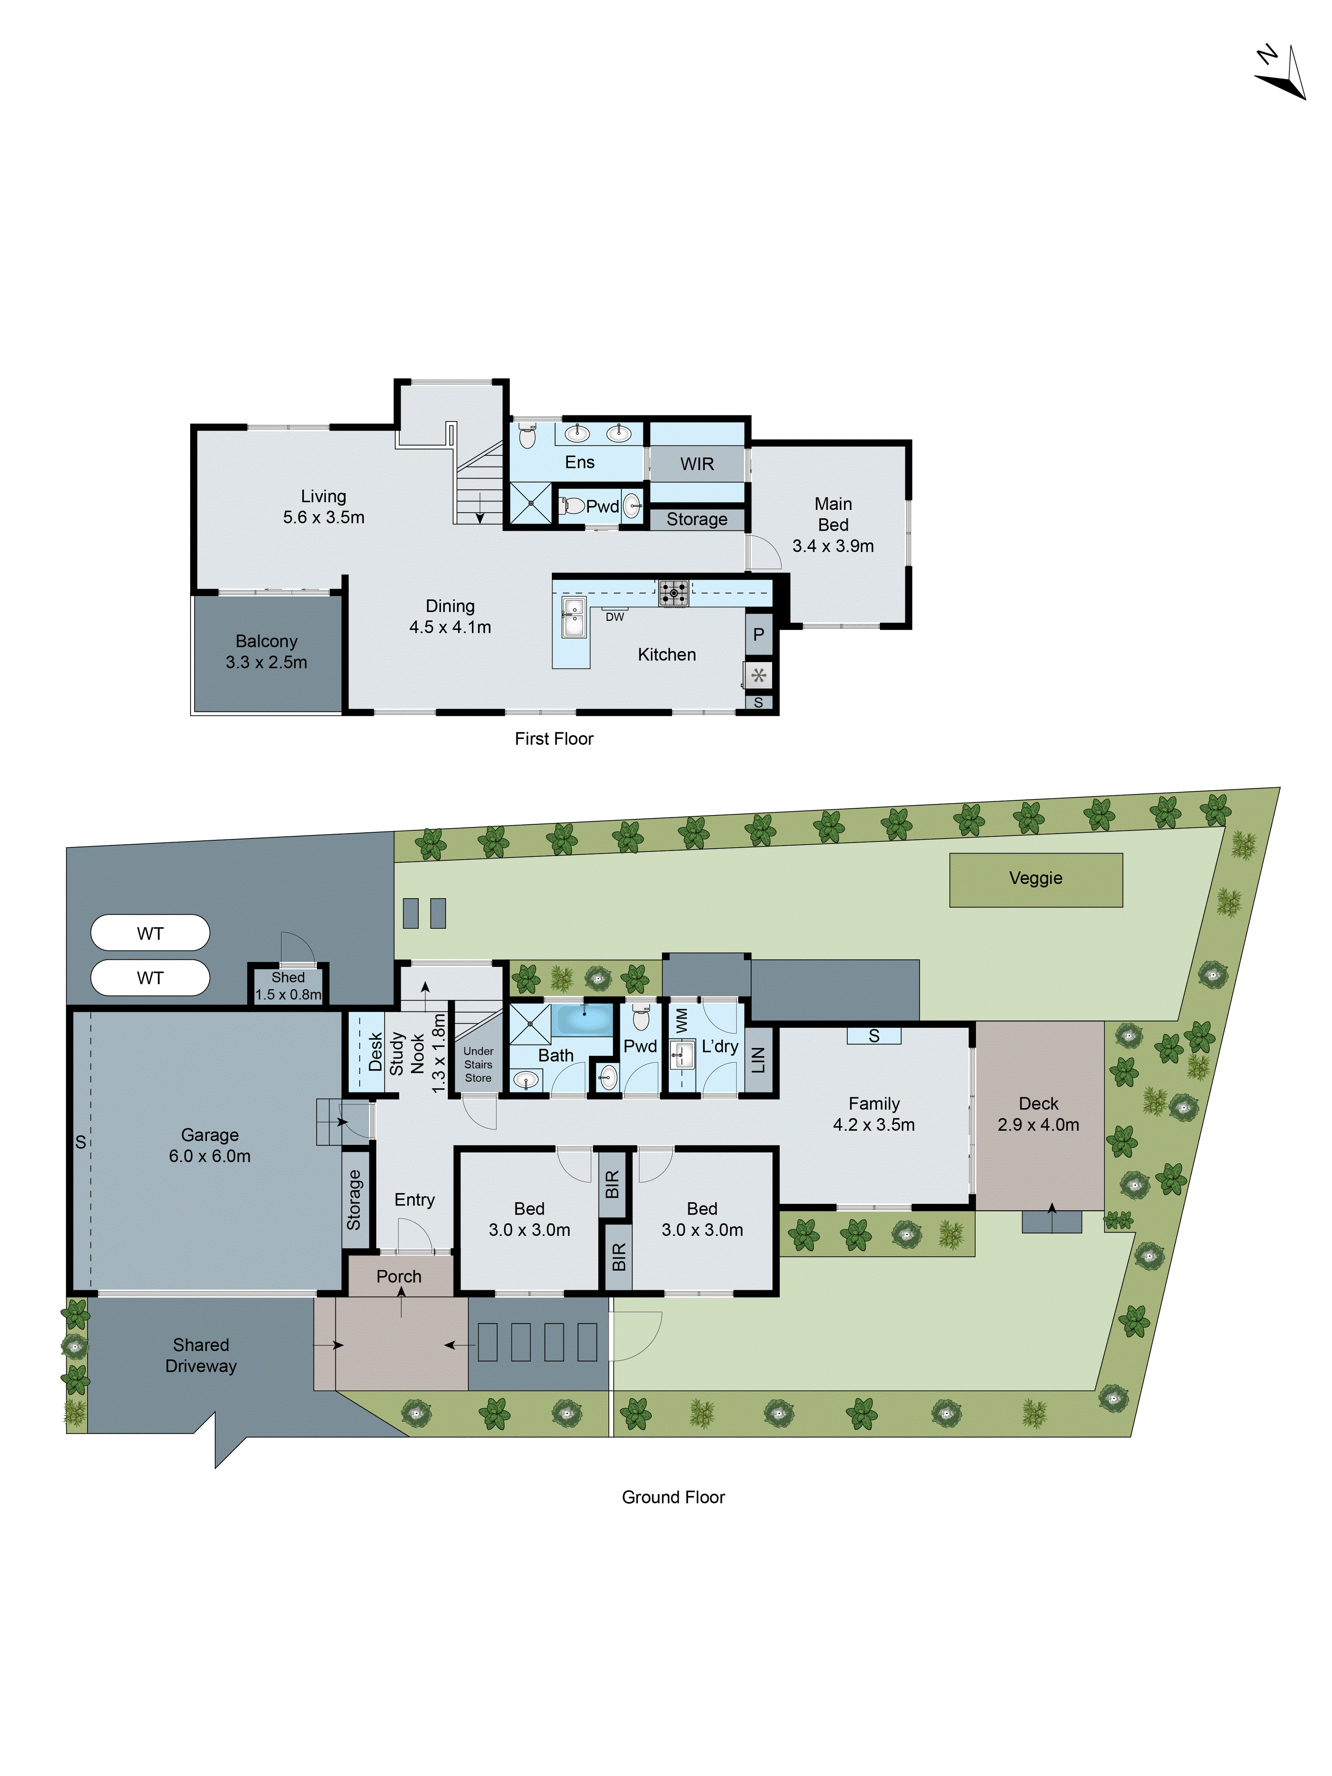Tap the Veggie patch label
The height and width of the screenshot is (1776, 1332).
(1035, 878)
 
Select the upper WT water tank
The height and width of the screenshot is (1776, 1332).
(150, 933)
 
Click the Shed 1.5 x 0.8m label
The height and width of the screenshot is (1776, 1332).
(287, 985)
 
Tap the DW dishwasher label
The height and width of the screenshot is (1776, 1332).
(614, 616)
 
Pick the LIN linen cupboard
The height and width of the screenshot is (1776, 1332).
(758, 1060)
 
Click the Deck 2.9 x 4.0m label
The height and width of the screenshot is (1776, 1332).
(1038, 1114)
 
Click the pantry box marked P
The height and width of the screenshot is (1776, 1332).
(758, 634)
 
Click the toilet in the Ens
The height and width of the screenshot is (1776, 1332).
(527, 436)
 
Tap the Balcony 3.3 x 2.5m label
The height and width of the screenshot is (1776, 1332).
(266, 651)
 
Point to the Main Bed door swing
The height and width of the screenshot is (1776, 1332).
(765, 552)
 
